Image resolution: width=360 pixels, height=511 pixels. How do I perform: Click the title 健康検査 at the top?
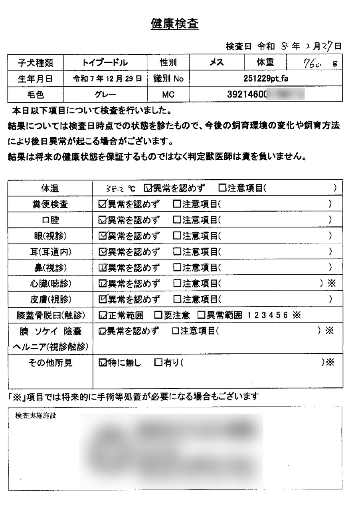(x=174, y=24)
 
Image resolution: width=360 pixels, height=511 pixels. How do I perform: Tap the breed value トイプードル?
(x=105, y=63)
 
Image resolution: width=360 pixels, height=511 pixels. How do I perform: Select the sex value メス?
(x=217, y=63)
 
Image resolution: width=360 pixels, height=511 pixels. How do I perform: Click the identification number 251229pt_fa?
(x=266, y=79)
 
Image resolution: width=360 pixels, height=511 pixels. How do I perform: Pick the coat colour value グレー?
(x=105, y=95)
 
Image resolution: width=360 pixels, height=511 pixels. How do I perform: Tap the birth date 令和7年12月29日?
(x=107, y=79)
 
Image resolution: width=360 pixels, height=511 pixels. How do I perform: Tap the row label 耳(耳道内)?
(x=50, y=252)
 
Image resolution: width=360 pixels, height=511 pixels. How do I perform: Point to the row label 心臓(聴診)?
(x=50, y=284)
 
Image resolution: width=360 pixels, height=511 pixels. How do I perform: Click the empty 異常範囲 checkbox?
(x=202, y=315)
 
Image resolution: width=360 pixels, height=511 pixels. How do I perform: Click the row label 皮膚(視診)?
(x=50, y=299)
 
